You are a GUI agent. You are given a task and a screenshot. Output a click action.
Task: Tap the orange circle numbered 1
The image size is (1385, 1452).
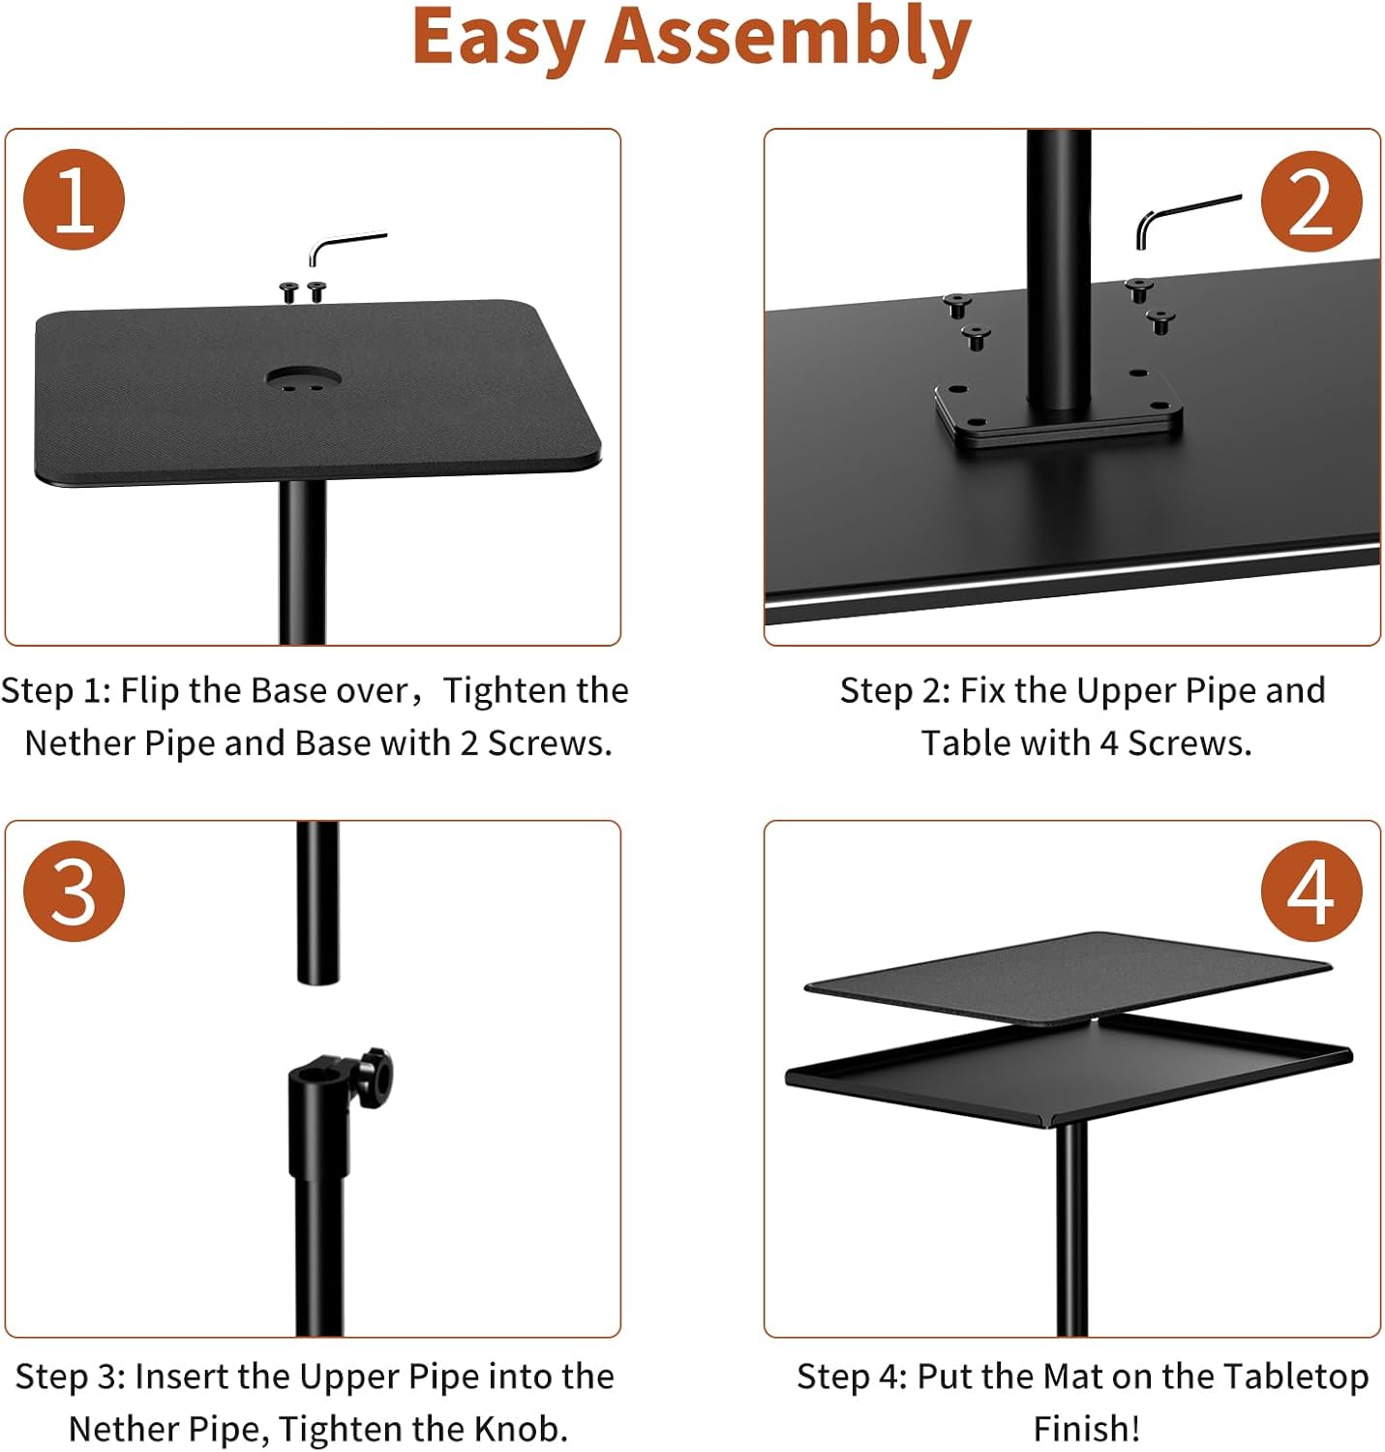tap(75, 200)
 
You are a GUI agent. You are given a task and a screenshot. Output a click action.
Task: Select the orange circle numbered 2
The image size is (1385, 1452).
tap(1310, 202)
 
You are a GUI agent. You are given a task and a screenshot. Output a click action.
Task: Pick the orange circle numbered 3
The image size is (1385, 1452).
tap(75, 891)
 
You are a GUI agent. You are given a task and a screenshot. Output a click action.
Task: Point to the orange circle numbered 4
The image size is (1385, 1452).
tap(1310, 891)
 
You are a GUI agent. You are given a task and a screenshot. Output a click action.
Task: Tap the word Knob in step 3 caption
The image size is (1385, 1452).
tap(518, 1429)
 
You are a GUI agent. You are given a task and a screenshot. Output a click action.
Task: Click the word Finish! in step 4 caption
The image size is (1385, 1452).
tap(1086, 1429)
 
